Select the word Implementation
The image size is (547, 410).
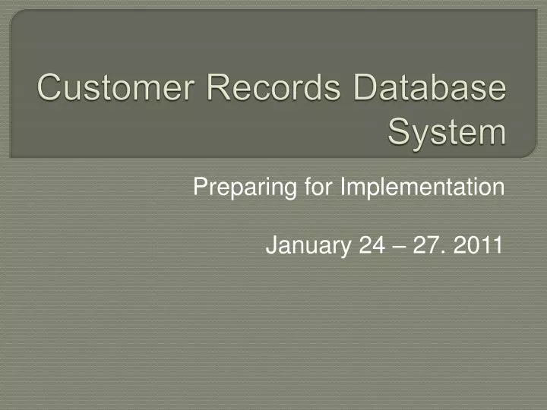click(422, 187)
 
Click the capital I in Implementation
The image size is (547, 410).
click(342, 186)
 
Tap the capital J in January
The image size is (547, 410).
click(270, 245)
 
